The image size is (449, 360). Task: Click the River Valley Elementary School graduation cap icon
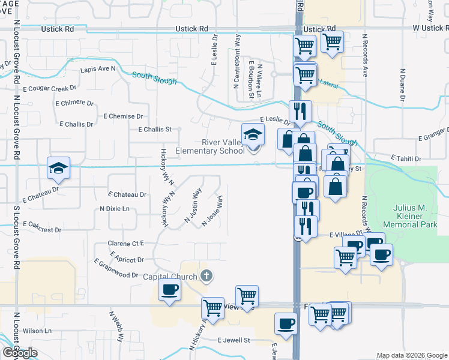click(x=253, y=134)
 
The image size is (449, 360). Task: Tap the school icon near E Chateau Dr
click(x=59, y=169)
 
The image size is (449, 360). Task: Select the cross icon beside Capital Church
click(x=206, y=276)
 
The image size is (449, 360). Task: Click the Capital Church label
click(x=170, y=277)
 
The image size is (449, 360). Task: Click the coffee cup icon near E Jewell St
click(x=285, y=323)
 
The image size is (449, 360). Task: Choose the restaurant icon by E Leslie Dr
click(x=300, y=111)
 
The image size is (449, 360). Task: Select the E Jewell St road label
click(x=234, y=340)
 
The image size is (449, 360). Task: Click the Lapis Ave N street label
click(x=98, y=69)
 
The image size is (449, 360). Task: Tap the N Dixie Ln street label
click(x=115, y=209)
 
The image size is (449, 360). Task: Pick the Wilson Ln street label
click(x=37, y=331)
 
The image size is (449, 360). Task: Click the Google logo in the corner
click(x=20, y=353)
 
